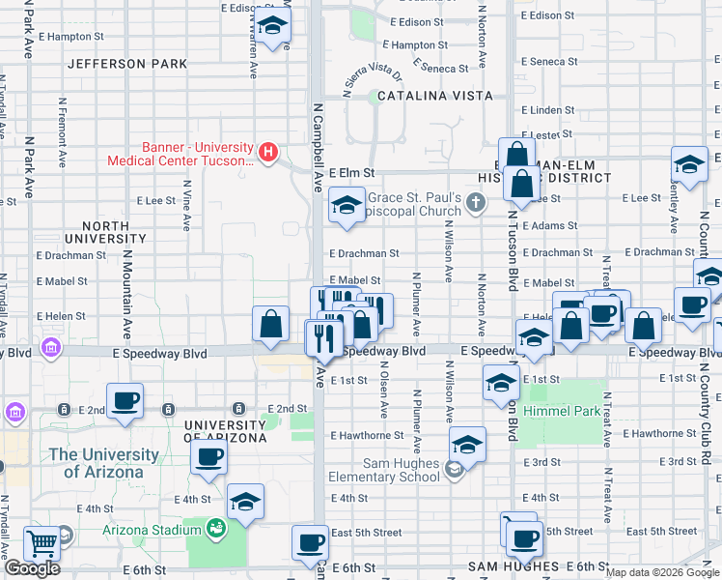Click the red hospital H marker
[x=269, y=151]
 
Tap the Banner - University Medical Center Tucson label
[x=198, y=154]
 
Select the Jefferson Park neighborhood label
[x=127, y=64]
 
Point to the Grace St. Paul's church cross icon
[x=474, y=201]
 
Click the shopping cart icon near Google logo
[x=42, y=544]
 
